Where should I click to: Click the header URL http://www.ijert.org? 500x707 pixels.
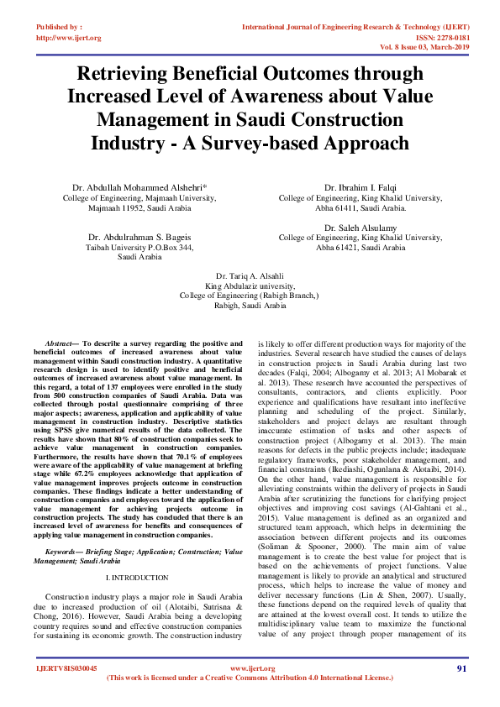click(69, 38)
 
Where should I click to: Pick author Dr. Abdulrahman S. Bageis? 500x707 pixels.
click(139, 237)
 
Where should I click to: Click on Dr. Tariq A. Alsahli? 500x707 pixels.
click(250, 275)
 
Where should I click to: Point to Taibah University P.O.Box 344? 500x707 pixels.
click(139, 248)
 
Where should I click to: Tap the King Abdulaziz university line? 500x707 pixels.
click(250, 285)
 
